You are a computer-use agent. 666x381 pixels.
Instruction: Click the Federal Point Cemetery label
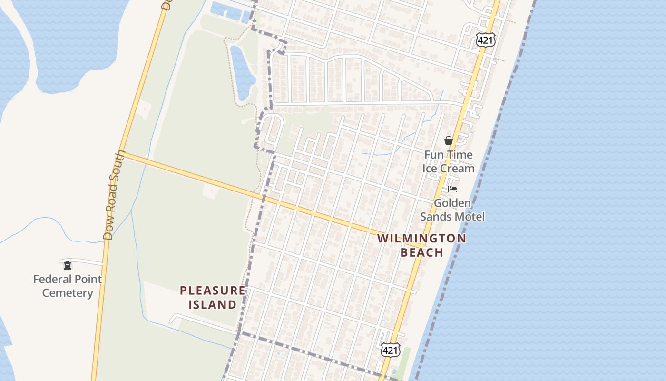click(68, 286)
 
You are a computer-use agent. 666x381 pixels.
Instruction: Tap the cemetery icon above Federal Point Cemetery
click(68, 265)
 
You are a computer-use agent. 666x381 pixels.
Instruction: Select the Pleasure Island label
click(213, 297)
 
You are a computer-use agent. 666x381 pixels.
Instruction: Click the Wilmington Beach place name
click(422, 245)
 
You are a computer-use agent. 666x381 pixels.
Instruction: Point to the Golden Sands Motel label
click(452, 210)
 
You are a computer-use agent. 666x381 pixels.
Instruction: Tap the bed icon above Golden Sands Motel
click(452, 189)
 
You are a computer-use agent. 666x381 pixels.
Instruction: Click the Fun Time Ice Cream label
click(448, 161)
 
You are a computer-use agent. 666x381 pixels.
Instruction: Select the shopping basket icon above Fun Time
click(448, 140)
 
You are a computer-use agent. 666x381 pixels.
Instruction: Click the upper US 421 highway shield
click(485, 40)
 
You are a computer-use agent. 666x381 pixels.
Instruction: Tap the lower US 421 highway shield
click(390, 350)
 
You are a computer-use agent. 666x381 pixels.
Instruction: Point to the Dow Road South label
click(113, 195)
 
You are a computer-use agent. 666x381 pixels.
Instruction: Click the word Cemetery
click(68, 293)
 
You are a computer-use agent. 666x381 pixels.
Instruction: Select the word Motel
click(469, 217)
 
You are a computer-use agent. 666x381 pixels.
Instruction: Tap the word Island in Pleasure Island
click(213, 304)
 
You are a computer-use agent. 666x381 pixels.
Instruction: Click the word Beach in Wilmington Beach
click(422, 252)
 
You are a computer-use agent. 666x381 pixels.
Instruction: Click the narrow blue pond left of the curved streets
click(243, 71)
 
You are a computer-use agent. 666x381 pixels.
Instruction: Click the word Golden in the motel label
click(452, 203)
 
